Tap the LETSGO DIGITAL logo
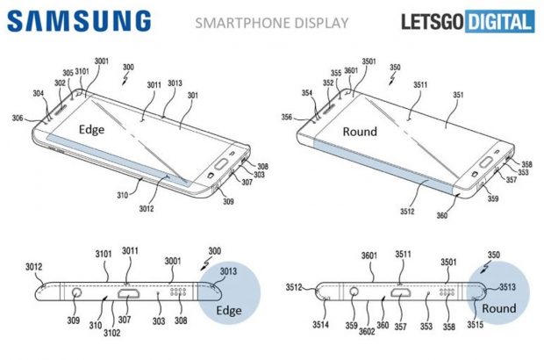click(469, 22)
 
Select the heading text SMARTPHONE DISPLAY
click(274, 22)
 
